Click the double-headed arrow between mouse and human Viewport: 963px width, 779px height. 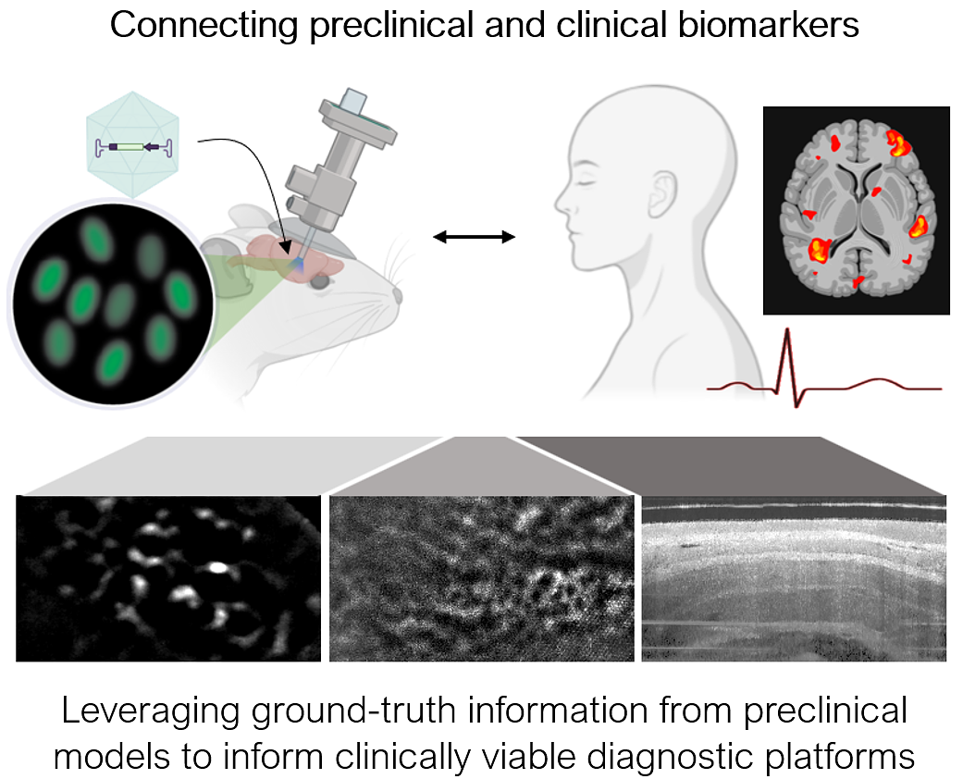point(475,238)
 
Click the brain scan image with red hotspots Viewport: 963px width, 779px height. point(856,210)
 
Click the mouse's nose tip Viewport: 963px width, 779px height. point(401,295)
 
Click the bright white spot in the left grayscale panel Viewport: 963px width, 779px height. point(218,565)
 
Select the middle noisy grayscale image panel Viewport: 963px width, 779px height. point(481,579)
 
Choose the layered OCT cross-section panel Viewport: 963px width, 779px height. point(794,579)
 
